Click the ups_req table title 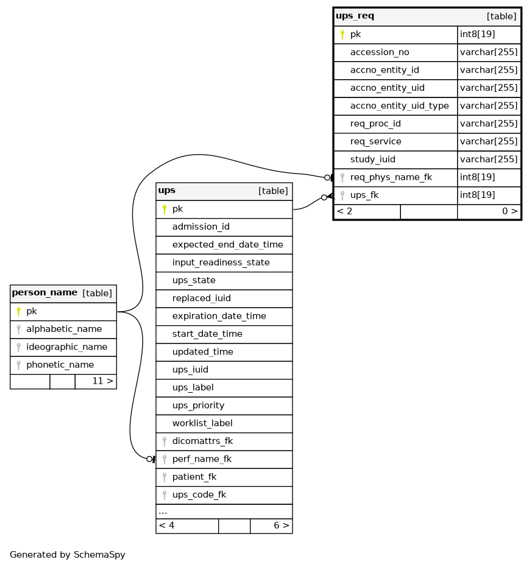355,16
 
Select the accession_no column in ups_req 380,52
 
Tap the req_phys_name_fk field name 391,177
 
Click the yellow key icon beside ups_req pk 342,35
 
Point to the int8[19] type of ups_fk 477,195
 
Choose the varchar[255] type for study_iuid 489,160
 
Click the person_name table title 44,292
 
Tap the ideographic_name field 66,347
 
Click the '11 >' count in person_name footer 103,381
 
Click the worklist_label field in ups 202,423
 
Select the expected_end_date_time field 228,245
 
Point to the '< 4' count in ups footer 166,526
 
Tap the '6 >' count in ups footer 282,526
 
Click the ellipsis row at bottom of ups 163,512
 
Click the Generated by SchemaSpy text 67,555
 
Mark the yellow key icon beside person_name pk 18,312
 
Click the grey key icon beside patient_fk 165,477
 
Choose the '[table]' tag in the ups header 273,191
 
